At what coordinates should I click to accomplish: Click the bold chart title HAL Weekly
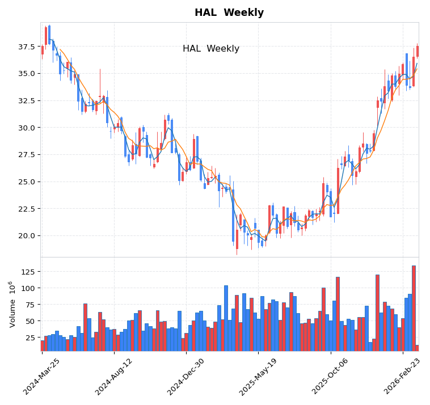point(229,12)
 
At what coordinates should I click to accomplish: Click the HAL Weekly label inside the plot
point(210,49)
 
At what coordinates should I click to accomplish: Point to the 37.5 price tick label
point(26,47)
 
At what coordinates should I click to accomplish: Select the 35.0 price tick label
point(26,74)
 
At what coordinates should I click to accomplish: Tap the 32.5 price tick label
point(26,101)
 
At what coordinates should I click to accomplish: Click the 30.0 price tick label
point(26,128)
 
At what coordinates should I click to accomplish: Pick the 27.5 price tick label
point(26,155)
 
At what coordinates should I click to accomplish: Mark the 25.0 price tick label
point(26,182)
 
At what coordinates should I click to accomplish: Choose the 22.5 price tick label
point(26,209)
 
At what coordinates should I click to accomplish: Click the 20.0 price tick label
point(26,236)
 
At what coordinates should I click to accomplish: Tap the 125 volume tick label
point(28,272)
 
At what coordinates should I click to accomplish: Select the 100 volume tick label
point(28,288)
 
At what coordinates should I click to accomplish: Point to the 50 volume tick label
point(31,321)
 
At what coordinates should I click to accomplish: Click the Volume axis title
point(12,304)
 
